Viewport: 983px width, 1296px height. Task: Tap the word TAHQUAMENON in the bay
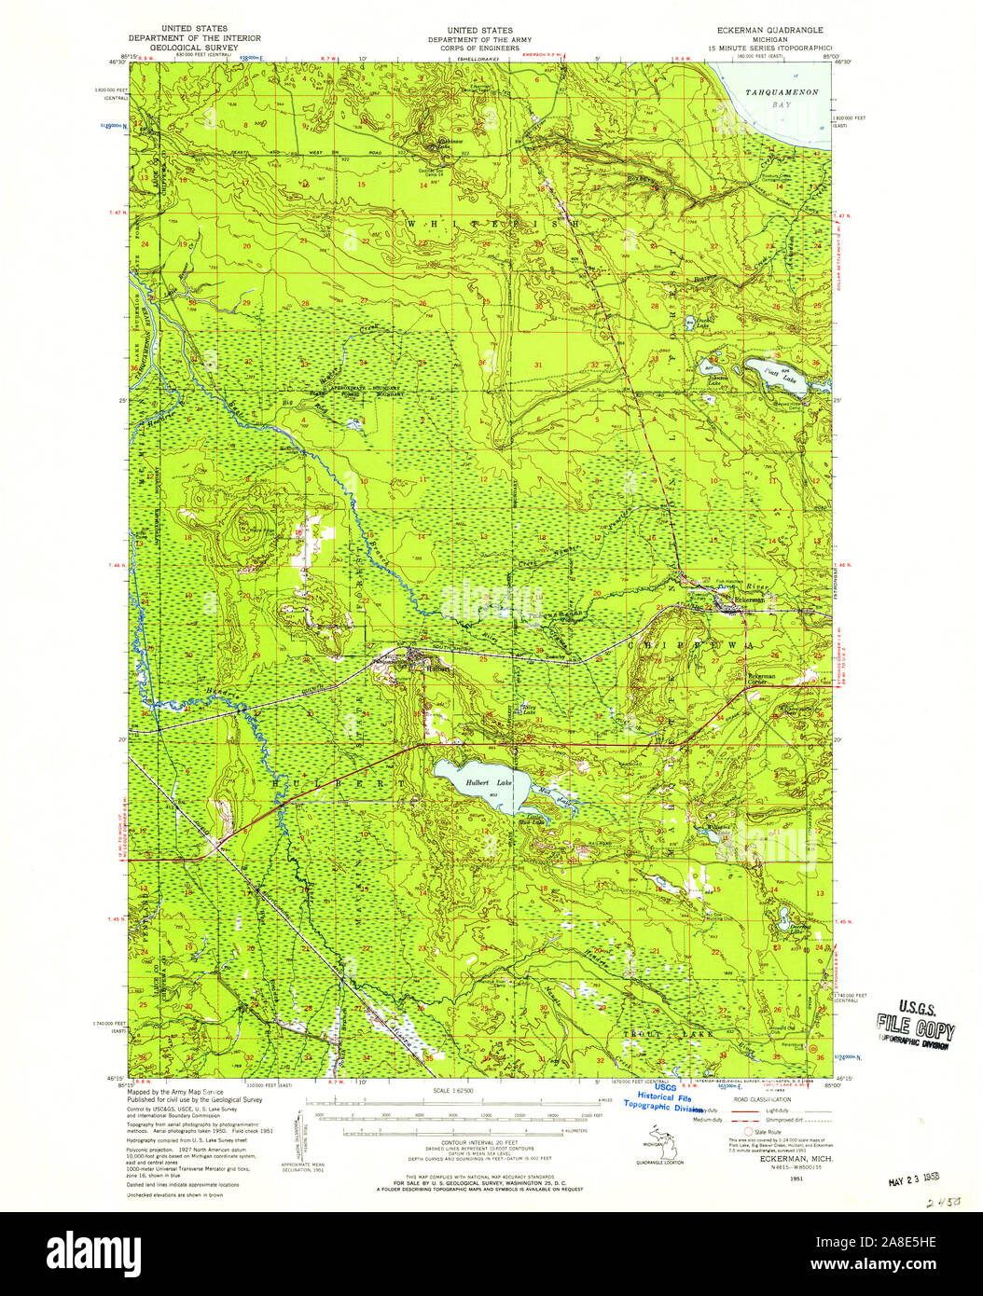point(782,92)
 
